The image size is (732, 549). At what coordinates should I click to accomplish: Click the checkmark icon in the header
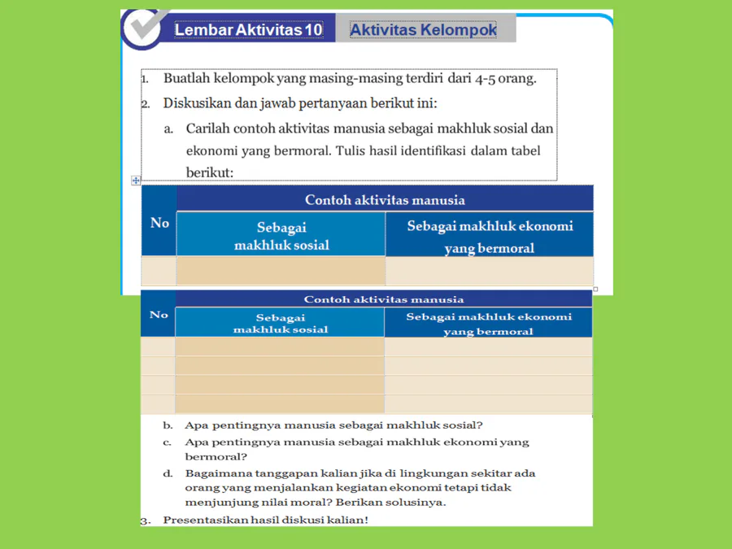(x=146, y=27)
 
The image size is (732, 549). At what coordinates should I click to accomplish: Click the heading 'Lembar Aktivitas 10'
(x=248, y=30)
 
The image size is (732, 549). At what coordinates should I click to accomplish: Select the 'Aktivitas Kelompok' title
(x=423, y=30)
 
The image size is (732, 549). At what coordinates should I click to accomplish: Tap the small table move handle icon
(x=136, y=181)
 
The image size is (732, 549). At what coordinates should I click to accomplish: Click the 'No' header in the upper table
(x=159, y=223)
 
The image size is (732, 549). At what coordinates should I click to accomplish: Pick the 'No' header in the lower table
(x=159, y=315)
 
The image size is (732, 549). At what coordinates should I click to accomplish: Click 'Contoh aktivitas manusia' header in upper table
(x=385, y=199)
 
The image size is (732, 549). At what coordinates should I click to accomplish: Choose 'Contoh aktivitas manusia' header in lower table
(x=384, y=299)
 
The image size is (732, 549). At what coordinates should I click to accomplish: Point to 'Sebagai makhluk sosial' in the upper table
(x=281, y=236)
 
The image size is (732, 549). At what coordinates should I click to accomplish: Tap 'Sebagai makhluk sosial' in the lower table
(x=281, y=324)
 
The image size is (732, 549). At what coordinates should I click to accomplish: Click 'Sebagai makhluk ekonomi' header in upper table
(x=490, y=236)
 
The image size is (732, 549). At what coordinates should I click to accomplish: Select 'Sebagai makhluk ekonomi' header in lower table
(x=489, y=324)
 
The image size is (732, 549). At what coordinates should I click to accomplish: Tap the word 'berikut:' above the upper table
(x=210, y=172)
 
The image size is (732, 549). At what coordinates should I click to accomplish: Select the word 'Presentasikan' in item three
(x=205, y=520)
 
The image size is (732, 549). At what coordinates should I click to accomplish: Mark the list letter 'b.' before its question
(x=168, y=425)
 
